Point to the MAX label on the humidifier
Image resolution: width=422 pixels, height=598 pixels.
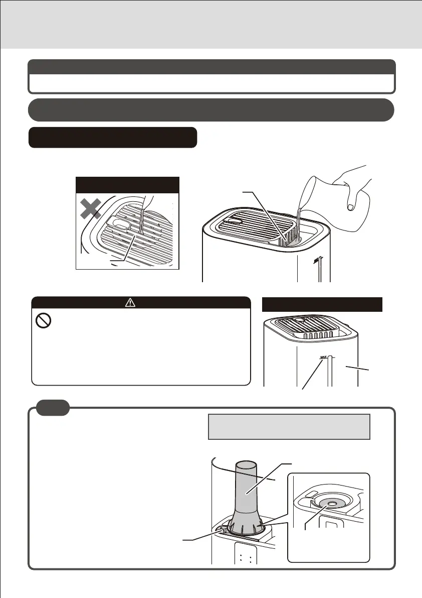click(x=325, y=358)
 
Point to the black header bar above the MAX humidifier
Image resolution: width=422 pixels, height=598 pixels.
click(x=323, y=304)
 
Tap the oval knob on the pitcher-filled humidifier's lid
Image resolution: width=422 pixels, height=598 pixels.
click(x=234, y=219)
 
